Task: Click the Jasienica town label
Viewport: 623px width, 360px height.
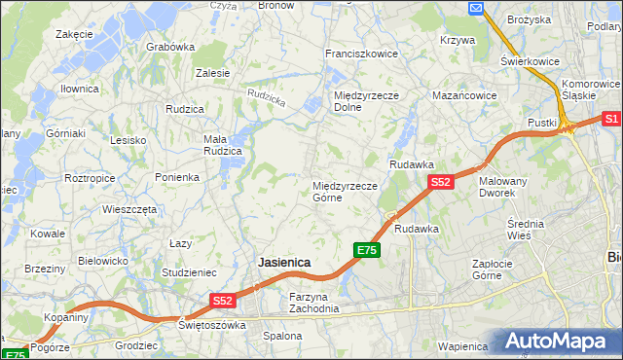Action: point(284,263)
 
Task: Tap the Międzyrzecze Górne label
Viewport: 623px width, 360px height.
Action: point(345,191)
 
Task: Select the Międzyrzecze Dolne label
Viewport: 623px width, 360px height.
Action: point(361,101)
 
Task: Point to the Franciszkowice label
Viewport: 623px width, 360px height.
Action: point(361,54)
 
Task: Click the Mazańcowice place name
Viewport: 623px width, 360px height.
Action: point(464,96)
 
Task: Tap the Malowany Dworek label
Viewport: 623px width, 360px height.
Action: point(503,187)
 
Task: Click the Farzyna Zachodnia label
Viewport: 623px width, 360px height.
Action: point(313,303)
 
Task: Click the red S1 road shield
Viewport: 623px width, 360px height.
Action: point(611,119)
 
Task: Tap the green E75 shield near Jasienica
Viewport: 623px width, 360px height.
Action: point(366,251)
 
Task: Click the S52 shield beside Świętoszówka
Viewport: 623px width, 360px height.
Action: point(223,302)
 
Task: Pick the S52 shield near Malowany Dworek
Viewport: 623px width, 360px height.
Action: point(440,182)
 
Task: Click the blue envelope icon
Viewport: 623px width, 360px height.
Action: point(476,9)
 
